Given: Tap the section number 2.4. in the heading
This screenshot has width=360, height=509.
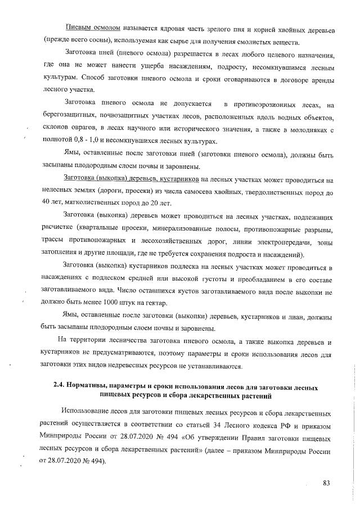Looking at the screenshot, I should [x=60, y=388].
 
